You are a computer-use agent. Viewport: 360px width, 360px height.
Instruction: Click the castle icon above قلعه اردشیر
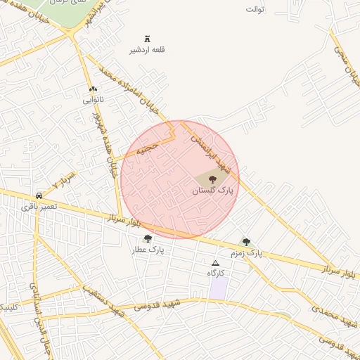(x=147, y=38)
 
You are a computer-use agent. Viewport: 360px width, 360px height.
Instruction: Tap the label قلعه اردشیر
(x=147, y=50)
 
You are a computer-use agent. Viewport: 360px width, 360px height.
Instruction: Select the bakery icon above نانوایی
(x=93, y=89)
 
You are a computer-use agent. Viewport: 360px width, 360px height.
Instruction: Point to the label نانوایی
(x=93, y=100)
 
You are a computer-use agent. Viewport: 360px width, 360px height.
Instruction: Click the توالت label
(x=255, y=9)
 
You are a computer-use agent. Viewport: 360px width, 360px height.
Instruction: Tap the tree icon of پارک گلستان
(x=214, y=179)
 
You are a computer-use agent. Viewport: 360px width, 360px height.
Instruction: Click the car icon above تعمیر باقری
(x=39, y=195)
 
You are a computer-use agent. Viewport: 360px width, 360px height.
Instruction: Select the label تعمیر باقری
(x=37, y=207)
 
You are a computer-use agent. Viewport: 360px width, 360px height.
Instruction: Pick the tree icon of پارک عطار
(x=147, y=238)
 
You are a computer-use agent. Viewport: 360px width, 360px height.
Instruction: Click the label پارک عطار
(x=147, y=250)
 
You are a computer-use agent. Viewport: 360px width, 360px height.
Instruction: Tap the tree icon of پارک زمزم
(x=246, y=241)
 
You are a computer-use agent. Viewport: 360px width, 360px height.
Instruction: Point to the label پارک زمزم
(x=246, y=252)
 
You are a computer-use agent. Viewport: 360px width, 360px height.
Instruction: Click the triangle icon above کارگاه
(x=215, y=263)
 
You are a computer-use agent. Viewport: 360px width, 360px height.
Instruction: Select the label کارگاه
(x=215, y=273)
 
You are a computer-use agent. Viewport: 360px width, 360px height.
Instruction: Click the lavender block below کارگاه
(x=219, y=288)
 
